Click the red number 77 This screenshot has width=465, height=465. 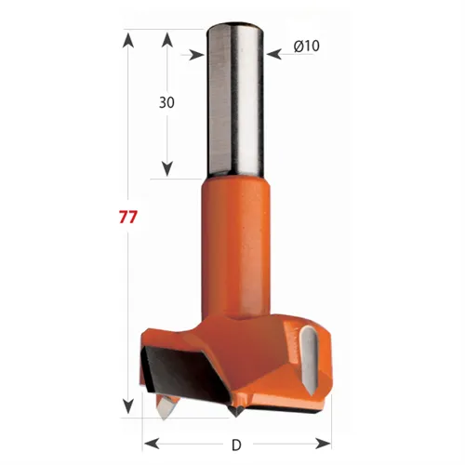click(x=128, y=218)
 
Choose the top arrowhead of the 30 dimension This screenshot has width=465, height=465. click(x=167, y=39)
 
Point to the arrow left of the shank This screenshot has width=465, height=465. click(x=195, y=55)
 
